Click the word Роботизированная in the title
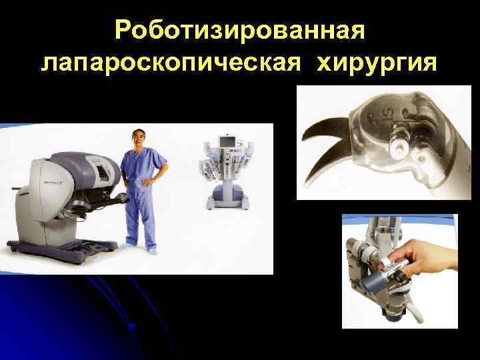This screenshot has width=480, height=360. pyautogui.click(x=240, y=30)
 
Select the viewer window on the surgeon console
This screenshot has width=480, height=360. pyautogui.click(x=100, y=173)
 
